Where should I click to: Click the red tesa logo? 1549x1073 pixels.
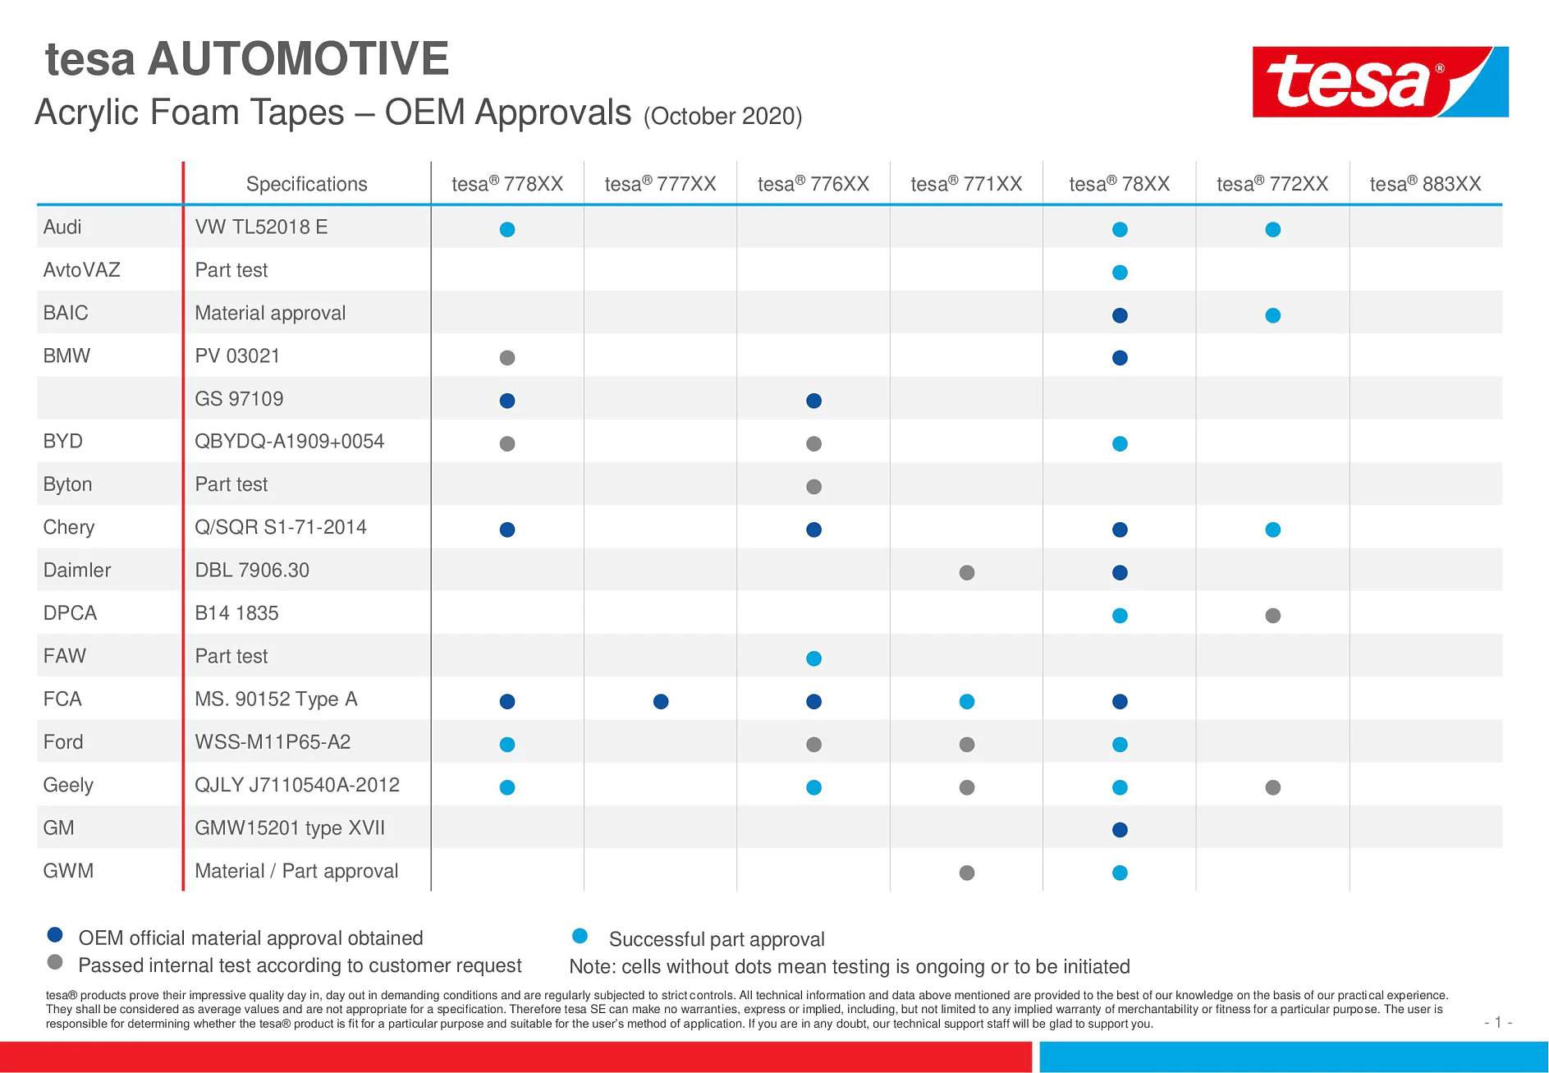click(1379, 81)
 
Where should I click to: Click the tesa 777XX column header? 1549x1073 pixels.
click(660, 184)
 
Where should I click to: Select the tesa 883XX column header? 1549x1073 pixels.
click(1425, 184)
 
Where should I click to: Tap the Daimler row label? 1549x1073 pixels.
click(76, 570)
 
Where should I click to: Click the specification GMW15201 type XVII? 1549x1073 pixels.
click(289, 828)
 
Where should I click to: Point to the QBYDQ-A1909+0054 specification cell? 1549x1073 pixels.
click(289, 442)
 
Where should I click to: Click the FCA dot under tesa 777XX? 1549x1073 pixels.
click(661, 701)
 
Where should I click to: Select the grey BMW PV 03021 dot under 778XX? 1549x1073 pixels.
click(507, 358)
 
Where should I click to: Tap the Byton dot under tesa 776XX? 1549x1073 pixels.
click(813, 487)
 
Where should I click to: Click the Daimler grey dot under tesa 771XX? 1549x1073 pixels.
click(967, 572)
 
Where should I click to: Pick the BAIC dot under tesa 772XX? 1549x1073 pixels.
click(1273, 315)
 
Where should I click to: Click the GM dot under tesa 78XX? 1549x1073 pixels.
click(1120, 830)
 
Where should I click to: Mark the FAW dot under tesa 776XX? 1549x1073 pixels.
click(813, 658)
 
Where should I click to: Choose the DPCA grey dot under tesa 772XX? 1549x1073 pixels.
click(1273, 616)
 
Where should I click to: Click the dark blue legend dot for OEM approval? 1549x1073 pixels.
click(55, 934)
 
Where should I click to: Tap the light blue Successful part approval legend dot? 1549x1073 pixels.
click(580, 936)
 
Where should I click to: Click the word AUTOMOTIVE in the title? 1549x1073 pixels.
click(298, 59)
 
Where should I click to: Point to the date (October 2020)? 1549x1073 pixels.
click(722, 117)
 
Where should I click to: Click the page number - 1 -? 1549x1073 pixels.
click(1498, 1022)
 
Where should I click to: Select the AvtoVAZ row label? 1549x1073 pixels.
click(81, 270)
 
